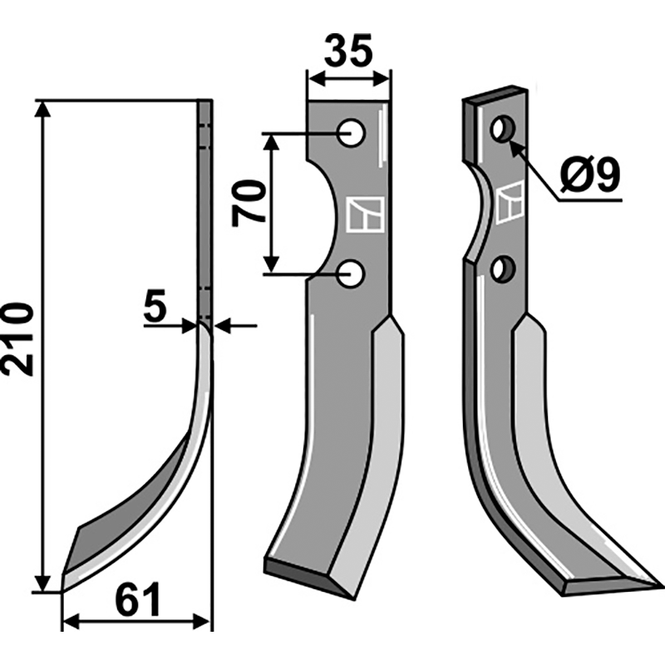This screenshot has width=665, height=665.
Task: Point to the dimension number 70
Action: click(x=249, y=202)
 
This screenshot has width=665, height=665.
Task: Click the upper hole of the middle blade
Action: click(x=352, y=132)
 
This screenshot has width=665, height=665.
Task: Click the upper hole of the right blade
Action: click(x=502, y=129)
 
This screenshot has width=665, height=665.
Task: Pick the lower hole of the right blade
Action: click(x=501, y=269)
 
